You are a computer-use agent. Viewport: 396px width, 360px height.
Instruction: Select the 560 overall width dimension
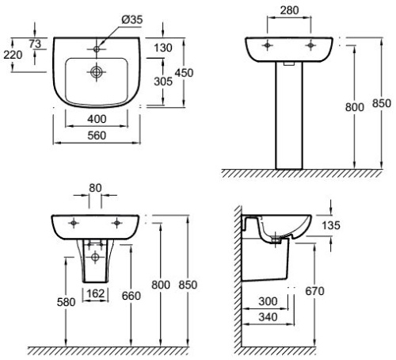coord(97,136)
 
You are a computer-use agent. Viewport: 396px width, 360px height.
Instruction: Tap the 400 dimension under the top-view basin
coord(97,118)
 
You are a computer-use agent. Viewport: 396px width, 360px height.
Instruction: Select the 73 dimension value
coord(36,43)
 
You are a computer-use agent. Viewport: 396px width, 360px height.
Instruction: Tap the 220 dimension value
coord(13,55)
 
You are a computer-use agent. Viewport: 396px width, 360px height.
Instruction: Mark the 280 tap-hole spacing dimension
coord(290,11)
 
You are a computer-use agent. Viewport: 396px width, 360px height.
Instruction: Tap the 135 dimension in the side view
coord(330,226)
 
